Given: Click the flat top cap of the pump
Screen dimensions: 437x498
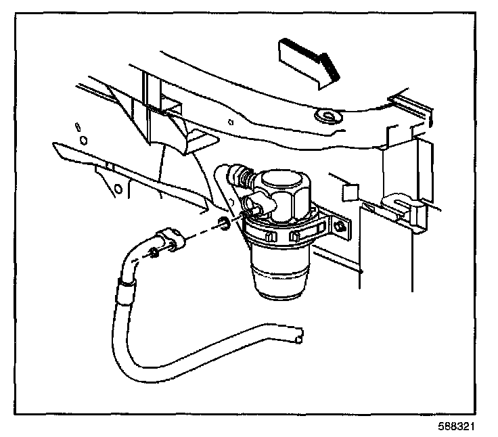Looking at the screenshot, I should [282, 181].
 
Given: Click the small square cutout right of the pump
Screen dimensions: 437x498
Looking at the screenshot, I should [349, 193].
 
